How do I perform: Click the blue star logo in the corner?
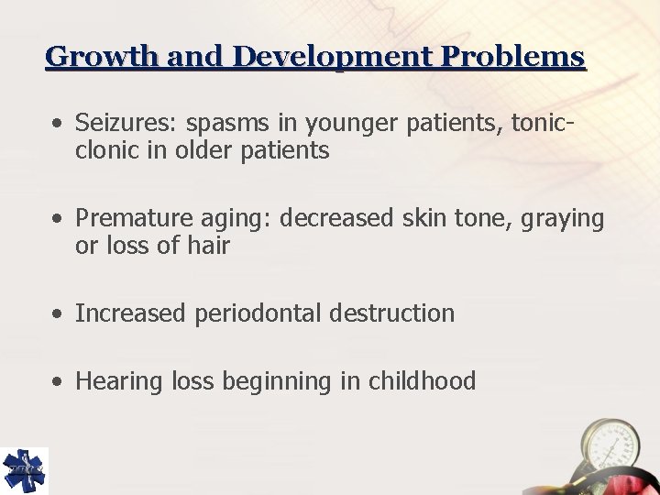(24, 470)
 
